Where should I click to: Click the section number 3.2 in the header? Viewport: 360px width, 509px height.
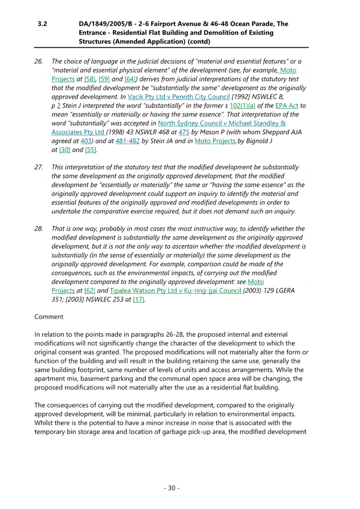coord(42,24)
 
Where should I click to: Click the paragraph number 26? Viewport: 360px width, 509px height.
coord(39,61)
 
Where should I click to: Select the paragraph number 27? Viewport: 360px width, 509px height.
coord(39,167)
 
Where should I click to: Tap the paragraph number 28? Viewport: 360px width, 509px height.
coord(39,229)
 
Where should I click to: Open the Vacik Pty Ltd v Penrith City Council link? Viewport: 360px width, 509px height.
coord(179,97)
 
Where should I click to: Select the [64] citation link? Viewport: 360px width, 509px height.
coord(130,79)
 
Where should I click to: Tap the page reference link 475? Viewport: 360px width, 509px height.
coord(184,132)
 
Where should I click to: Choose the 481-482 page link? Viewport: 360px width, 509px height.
coord(128,141)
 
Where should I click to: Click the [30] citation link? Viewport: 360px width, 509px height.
coord(65,150)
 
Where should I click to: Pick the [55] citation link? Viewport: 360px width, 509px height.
coord(90,150)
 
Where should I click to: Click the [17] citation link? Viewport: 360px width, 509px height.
coord(139,299)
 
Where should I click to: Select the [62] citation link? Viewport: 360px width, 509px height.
coord(89,291)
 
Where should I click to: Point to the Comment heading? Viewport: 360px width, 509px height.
coord(49,317)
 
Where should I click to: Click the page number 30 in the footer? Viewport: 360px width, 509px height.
coord(172,488)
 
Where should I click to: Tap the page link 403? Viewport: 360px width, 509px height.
coord(86,141)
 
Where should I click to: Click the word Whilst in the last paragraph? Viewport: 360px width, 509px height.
coord(43,423)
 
